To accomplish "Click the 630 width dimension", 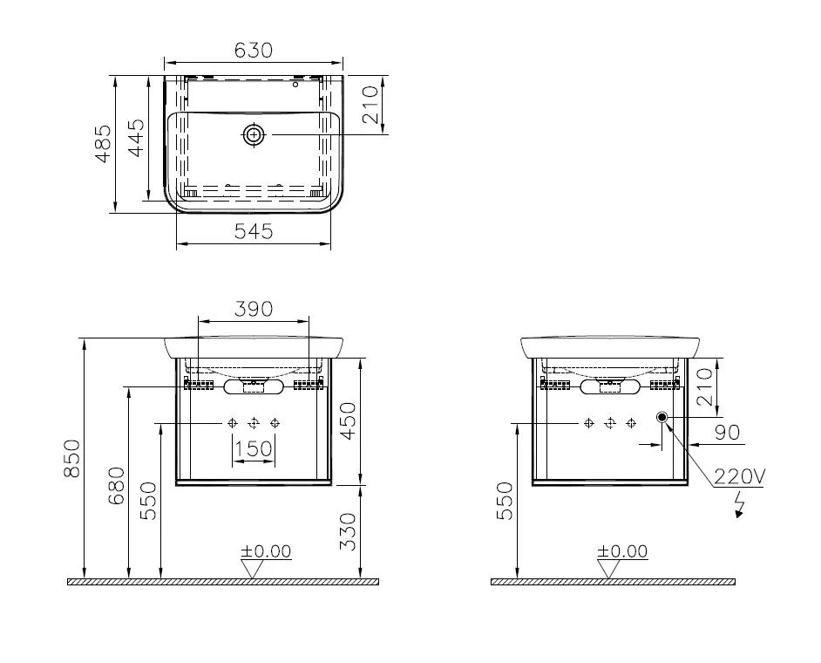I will tap(253, 51).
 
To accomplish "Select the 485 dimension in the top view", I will tap(103, 144).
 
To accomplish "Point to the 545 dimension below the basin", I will tap(254, 231).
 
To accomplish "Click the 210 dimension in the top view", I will tap(370, 104).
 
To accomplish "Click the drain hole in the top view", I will tap(254, 134).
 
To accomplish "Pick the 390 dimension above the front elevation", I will tap(253, 308).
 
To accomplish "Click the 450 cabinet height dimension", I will tap(348, 420).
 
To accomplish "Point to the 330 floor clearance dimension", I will tap(348, 530).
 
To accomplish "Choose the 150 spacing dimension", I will tap(254, 448).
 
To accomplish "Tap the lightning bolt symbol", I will tap(740, 505).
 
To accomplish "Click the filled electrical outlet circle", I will tap(663, 419).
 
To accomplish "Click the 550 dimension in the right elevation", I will tap(505, 500).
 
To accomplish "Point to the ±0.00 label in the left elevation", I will tap(267, 551).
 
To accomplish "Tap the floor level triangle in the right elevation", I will tap(609, 569).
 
